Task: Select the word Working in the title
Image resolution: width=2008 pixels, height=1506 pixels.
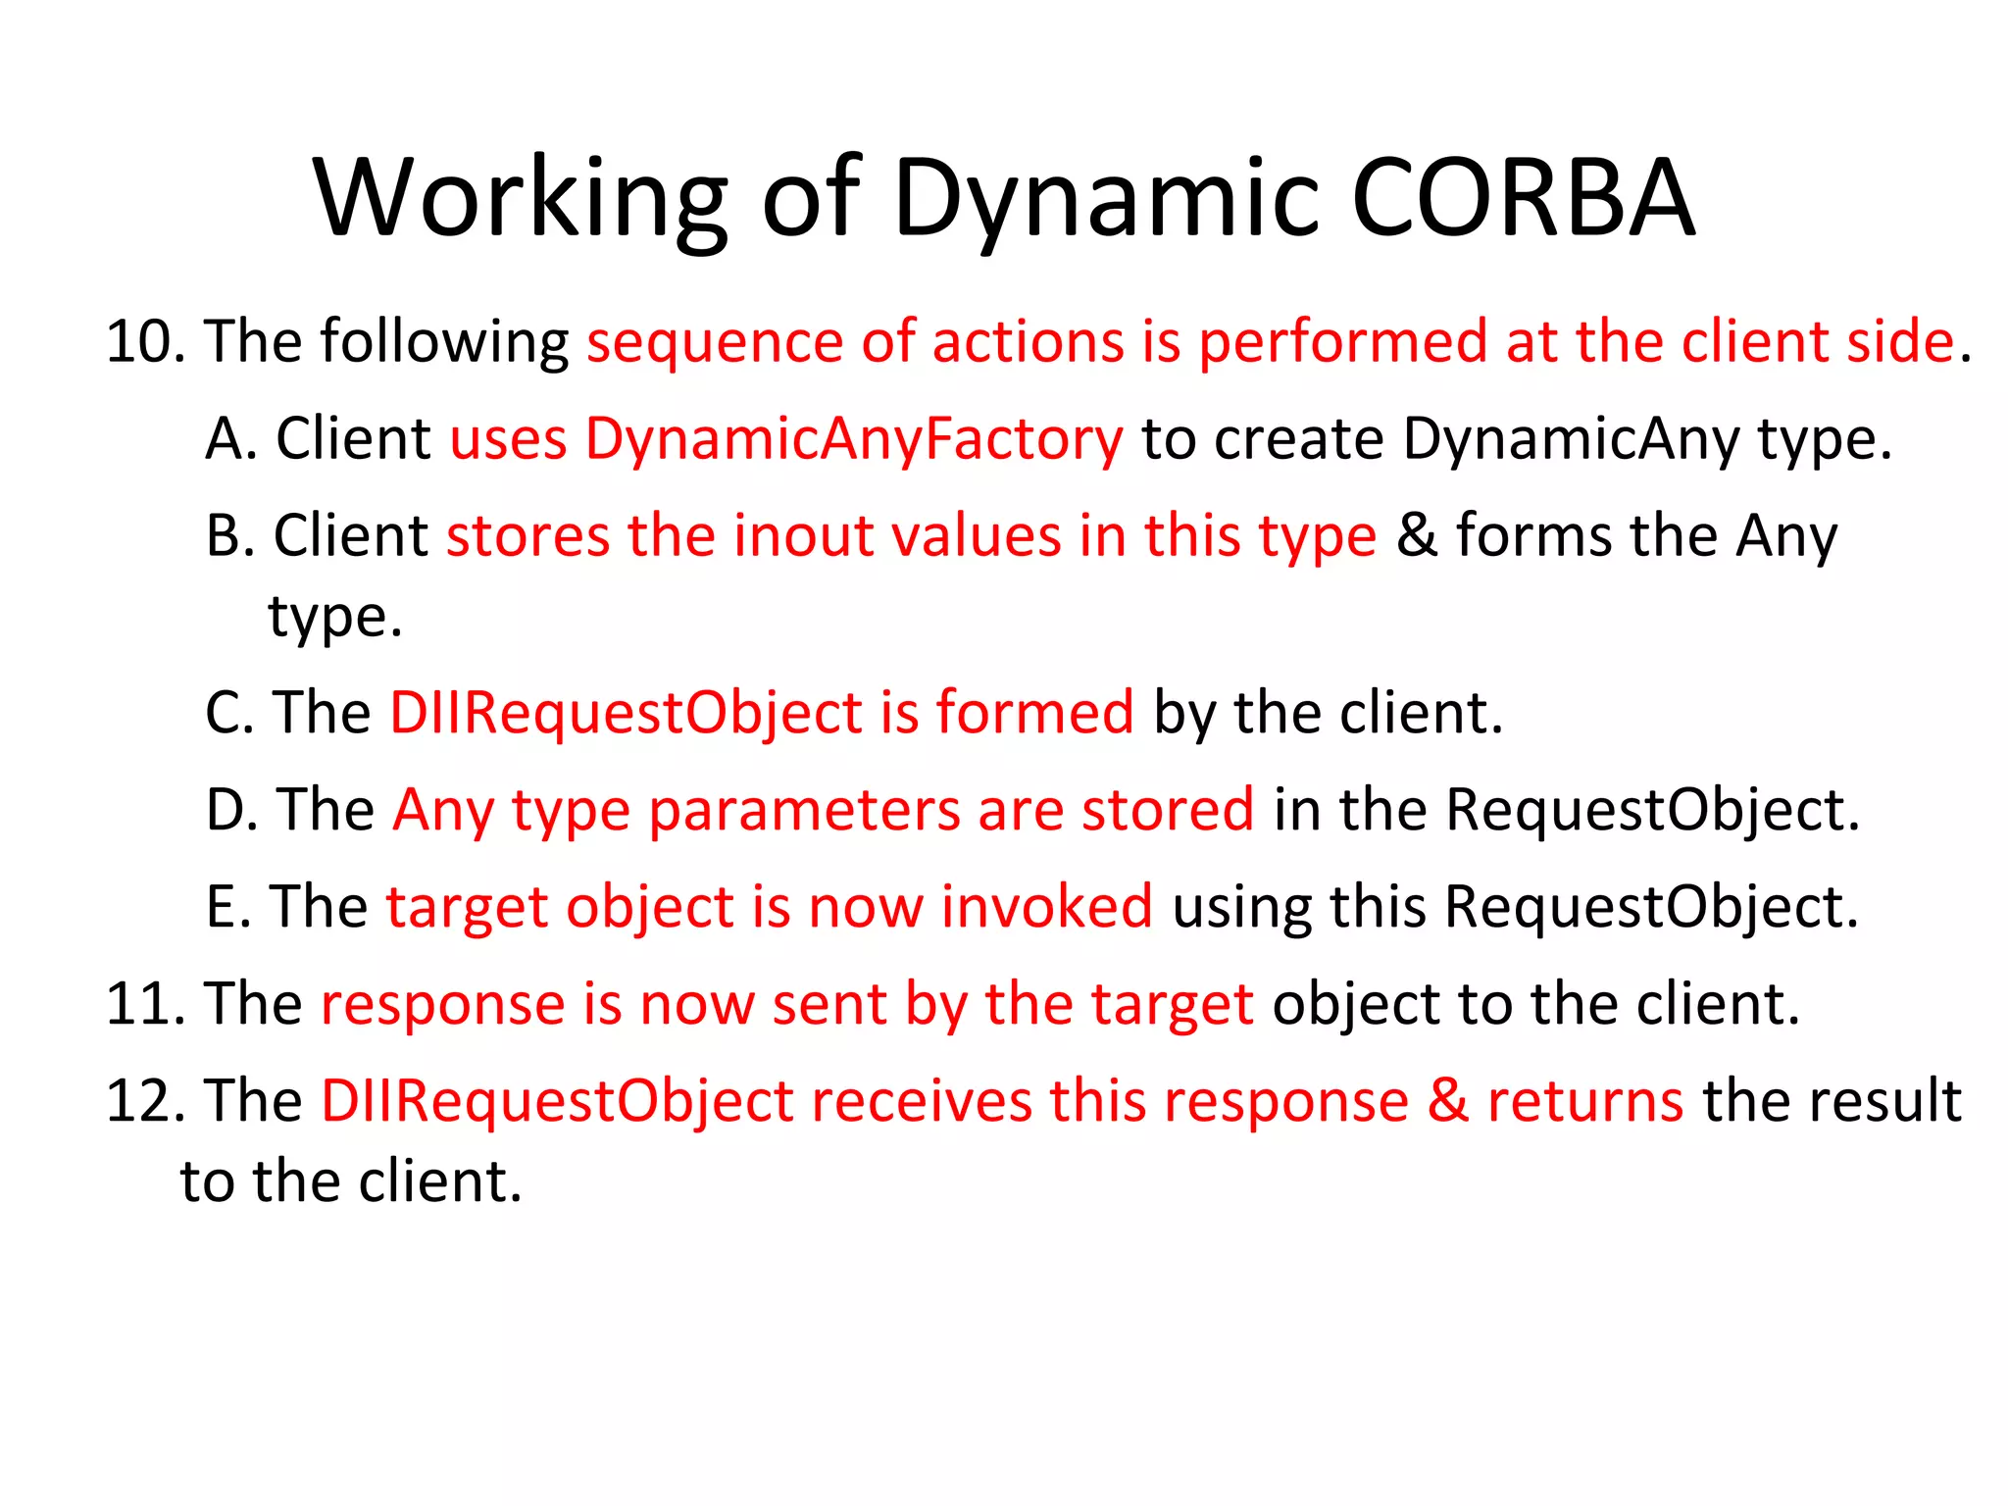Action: coord(521,200)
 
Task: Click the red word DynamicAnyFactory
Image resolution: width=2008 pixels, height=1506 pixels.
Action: coord(854,439)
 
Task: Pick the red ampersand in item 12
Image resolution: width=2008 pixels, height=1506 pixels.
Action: coord(1447,1100)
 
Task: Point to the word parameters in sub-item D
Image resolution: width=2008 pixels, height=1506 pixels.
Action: coord(803,812)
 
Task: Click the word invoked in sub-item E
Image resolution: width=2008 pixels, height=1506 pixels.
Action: coord(1046,907)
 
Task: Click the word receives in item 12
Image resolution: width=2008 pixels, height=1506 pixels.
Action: coord(922,1101)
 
